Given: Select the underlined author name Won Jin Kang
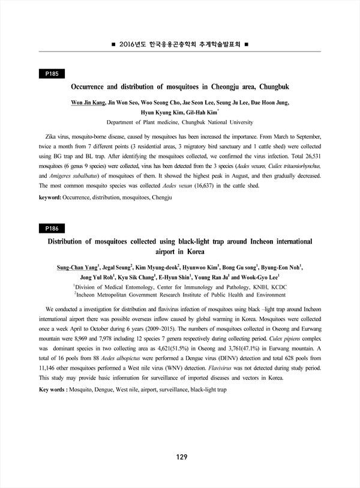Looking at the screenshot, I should pos(89,103).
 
